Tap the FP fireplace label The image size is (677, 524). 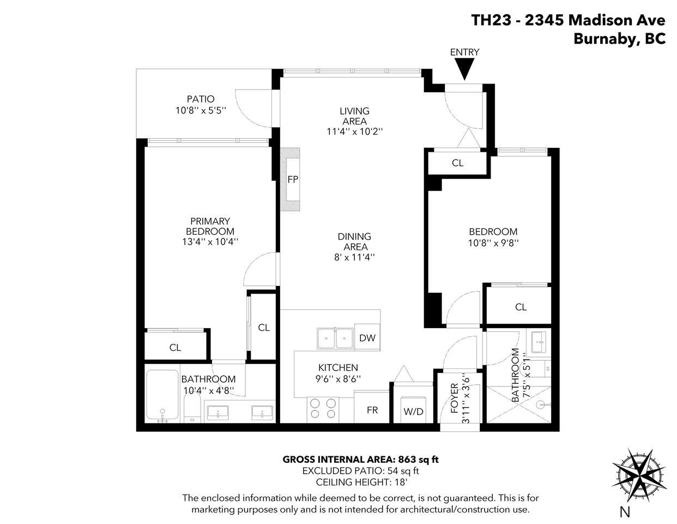293,179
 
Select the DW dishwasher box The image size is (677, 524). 367,338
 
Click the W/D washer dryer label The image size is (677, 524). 413,411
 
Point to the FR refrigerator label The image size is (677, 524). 372,410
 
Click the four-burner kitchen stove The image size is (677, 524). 323,409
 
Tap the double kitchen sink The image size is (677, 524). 335,338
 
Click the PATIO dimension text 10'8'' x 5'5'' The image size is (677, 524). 201,110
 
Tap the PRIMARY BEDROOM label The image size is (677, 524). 210,226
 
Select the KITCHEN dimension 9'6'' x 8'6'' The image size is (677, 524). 338,378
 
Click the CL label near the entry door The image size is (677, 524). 457,163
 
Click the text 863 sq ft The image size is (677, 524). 418,459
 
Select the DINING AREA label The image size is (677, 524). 354,241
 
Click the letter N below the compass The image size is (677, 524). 625,511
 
